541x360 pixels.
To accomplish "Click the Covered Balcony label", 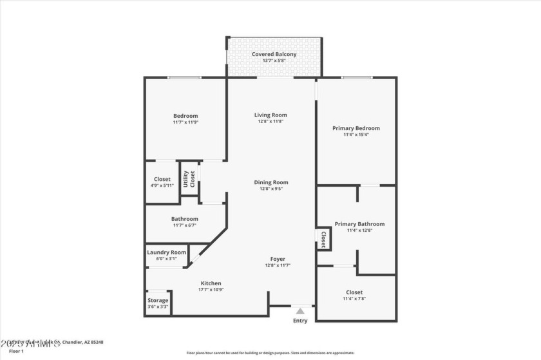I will pyautogui.click(x=274, y=55).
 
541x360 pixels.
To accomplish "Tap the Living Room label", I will pyautogui.click(x=270, y=115).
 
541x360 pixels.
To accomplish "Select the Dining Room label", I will pyautogui.click(x=270, y=182).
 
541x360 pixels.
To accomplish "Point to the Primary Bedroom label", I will pyautogui.click(x=356, y=128).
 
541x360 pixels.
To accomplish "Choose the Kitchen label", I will pyautogui.click(x=211, y=283).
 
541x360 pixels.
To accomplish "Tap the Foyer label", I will pyautogui.click(x=278, y=259).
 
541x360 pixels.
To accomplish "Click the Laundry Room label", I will pyautogui.click(x=167, y=252).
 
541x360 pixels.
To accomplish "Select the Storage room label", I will pyautogui.click(x=158, y=300).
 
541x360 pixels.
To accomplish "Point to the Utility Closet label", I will pyautogui.click(x=189, y=178).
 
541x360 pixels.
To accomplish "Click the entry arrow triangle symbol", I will pyautogui.click(x=300, y=311).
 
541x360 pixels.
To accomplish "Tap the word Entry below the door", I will pyautogui.click(x=300, y=321).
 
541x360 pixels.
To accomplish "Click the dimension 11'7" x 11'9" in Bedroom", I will pyautogui.click(x=185, y=122).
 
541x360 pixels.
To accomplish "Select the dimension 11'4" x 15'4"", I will pyautogui.click(x=356, y=135).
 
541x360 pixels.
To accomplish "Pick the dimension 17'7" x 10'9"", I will pyautogui.click(x=211, y=290).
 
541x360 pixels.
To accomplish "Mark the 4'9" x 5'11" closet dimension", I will pyautogui.click(x=162, y=185).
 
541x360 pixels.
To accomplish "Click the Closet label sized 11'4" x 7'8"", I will pyautogui.click(x=354, y=292).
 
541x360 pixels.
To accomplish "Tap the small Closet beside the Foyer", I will pyautogui.click(x=323, y=239).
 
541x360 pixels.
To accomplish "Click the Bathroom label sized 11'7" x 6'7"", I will pyautogui.click(x=185, y=219).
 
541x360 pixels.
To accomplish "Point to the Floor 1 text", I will pyautogui.click(x=17, y=351).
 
